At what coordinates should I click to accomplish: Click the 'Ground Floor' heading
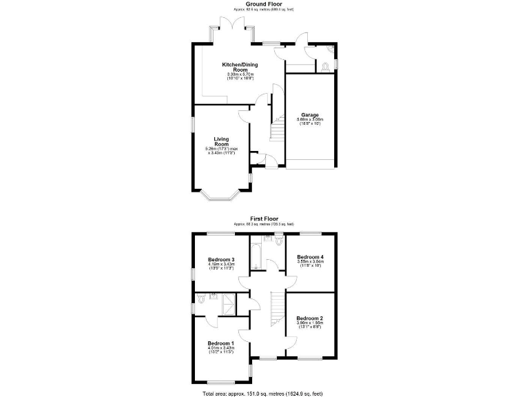(x=264, y=3)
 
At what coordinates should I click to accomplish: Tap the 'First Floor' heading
(x=264, y=218)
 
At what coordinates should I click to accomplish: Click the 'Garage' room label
(x=309, y=115)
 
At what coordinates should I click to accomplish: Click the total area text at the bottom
(x=262, y=393)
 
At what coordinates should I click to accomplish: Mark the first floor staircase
(x=276, y=310)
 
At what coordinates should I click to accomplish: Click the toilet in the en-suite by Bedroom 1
(x=201, y=299)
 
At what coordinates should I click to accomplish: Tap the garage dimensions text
(x=309, y=121)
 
